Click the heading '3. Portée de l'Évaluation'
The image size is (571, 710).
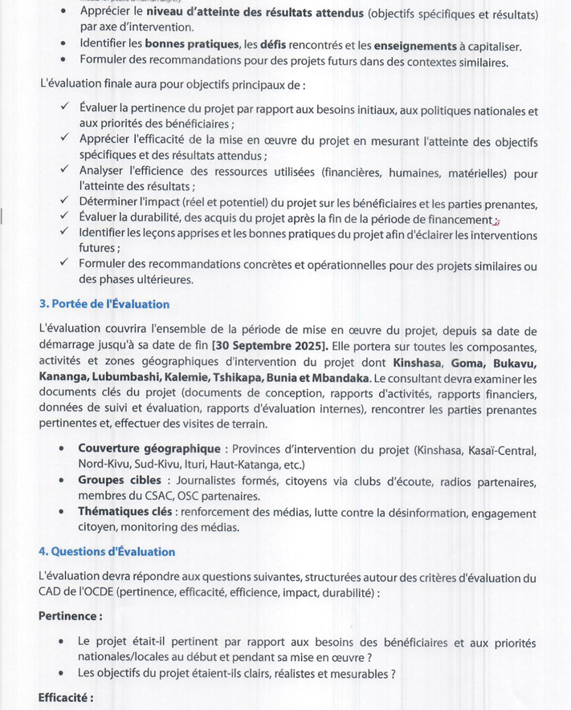tap(104, 304)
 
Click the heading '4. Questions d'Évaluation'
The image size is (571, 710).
tap(106, 552)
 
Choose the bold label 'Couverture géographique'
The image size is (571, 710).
tap(149, 449)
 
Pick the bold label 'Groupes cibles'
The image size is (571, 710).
tap(119, 481)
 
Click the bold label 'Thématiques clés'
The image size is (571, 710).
tap(126, 512)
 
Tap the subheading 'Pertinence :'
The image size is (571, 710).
tap(70, 616)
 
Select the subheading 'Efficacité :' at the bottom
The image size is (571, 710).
tap(66, 698)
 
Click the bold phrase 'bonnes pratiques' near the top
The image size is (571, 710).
tap(193, 46)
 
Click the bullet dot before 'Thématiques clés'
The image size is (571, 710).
tap(61, 512)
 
